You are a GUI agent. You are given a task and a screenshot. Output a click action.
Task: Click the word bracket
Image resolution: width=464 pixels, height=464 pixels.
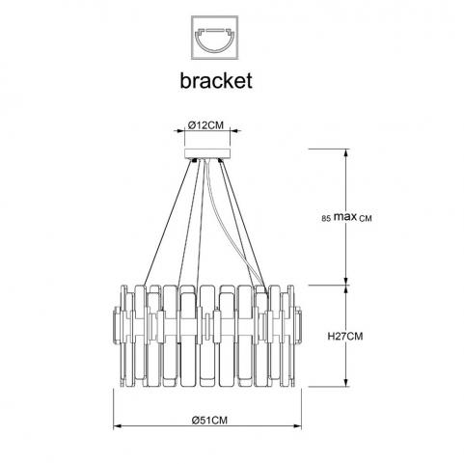pyautogui.click(x=216, y=80)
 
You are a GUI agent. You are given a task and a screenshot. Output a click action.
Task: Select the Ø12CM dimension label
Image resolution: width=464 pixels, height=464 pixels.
pyautogui.click(x=205, y=125)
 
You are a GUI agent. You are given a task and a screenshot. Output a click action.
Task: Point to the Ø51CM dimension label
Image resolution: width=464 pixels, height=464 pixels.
pyautogui.click(x=209, y=420)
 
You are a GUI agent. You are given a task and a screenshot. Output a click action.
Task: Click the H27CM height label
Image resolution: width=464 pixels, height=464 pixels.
pyautogui.click(x=345, y=337)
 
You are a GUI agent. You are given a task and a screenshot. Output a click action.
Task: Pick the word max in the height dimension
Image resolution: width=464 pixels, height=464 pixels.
pyautogui.click(x=345, y=217)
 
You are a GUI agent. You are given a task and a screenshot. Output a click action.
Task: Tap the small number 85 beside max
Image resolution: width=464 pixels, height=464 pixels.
pyautogui.click(x=326, y=219)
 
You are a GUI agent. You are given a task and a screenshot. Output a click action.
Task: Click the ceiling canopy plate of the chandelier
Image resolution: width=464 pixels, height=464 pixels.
pyautogui.click(x=207, y=153)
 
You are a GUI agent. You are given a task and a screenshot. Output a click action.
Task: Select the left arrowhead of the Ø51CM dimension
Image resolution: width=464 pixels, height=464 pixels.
pyautogui.click(x=118, y=426)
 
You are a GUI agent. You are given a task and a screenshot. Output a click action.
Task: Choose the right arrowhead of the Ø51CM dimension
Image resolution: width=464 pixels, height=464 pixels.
pyautogui.click(x=297, y=426)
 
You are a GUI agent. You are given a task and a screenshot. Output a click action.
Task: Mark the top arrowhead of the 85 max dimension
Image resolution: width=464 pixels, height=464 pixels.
pyautogui.click(x=346, y=153)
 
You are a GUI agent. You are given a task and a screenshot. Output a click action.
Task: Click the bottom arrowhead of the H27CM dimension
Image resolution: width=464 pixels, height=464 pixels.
pyautogui.click(x=346, y=383)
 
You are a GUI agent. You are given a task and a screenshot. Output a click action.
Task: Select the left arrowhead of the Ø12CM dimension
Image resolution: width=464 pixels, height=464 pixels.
pyautogui.click(x=180, y=131)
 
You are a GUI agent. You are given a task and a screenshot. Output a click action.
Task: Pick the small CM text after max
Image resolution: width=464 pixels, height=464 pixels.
pyautogui.click(x=366, y=219)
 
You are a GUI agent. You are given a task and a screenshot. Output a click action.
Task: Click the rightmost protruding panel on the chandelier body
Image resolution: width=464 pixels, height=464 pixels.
pyautogui.click(x=298, y=325)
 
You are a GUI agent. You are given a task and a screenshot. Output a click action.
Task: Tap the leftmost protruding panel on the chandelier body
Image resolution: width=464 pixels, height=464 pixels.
pyautogui.click(x=117, y=325)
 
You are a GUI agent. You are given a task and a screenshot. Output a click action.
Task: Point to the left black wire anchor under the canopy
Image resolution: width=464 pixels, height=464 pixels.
pyautogui.click(x=194, y=160)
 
